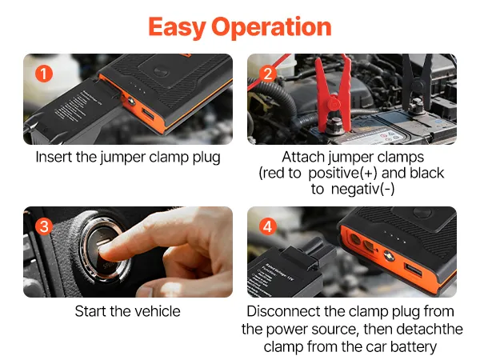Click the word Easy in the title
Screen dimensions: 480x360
177,27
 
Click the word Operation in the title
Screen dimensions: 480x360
271,27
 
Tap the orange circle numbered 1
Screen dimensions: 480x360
44,74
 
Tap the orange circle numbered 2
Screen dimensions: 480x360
268,74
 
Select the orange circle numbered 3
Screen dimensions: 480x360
44,227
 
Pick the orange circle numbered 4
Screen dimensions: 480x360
268,227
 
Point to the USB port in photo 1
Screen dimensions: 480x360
149,115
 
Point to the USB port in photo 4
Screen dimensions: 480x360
414,270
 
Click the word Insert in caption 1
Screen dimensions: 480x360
54,158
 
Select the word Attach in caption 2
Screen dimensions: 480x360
303,158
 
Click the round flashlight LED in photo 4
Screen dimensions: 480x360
389,254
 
